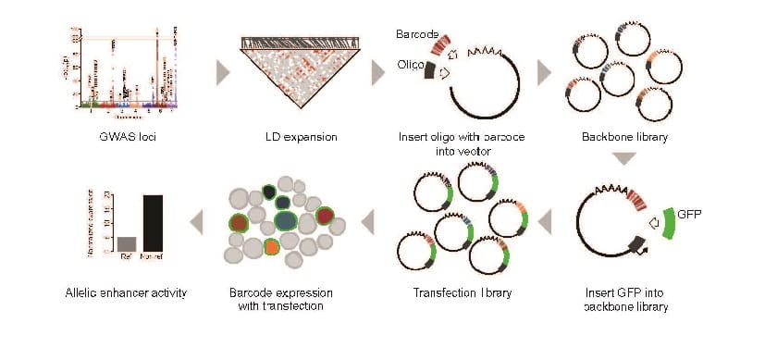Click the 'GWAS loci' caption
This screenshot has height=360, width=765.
click(110, 137)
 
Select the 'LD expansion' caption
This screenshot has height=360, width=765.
click(295, 137)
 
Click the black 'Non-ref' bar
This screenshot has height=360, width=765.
click(153, 222)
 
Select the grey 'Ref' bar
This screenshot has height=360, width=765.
click(127, 243)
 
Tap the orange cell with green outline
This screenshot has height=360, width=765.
click(271, 246)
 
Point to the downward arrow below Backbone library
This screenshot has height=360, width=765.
click(625, 158)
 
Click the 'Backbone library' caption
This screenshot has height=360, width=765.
click(626, 137)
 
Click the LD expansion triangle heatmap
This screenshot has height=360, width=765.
click(296, 74)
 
